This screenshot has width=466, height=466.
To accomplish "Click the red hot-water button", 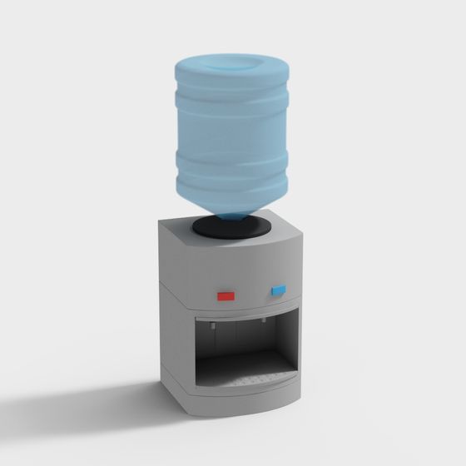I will (226, 295).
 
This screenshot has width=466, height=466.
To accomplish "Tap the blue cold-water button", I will (278, 290).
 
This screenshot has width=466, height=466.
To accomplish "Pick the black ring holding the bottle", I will (232, 226).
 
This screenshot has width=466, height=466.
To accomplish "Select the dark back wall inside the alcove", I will (237, 341).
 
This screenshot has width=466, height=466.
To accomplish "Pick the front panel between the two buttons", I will (251, 293).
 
